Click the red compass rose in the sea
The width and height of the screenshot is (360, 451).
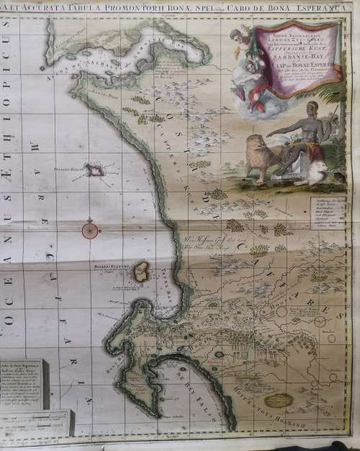coord(89,229)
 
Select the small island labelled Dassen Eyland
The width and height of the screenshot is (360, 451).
coord(94,170)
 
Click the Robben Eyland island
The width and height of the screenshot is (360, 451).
coord(142,272)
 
